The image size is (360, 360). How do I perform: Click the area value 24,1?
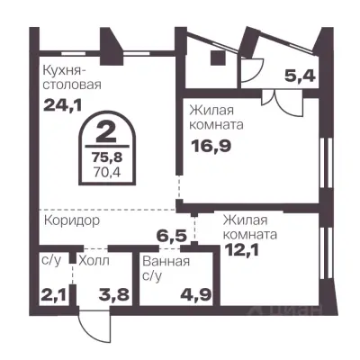point(59,103)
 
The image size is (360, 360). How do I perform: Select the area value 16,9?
point(208,142)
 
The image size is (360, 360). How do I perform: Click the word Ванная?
point(166,262)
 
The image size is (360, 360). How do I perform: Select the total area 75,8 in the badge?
point(105,154)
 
